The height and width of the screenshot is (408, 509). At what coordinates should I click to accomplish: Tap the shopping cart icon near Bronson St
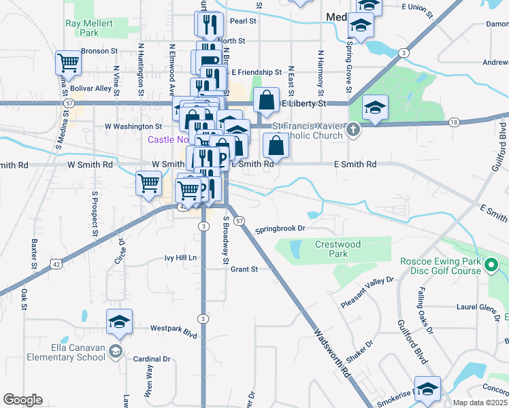[x=69, y=63]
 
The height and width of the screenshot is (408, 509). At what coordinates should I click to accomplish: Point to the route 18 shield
[x=453, y=122]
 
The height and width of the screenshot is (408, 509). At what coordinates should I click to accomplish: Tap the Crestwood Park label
[x=338, y=249]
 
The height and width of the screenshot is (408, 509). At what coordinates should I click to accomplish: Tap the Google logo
[x=22, y=400]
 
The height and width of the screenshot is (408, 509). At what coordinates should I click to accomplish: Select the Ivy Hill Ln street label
[x=180, y=258]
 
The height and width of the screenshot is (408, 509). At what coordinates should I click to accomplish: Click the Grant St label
[x=244, y=269]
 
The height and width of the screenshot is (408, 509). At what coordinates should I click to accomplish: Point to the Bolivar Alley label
[x=93, y=88]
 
